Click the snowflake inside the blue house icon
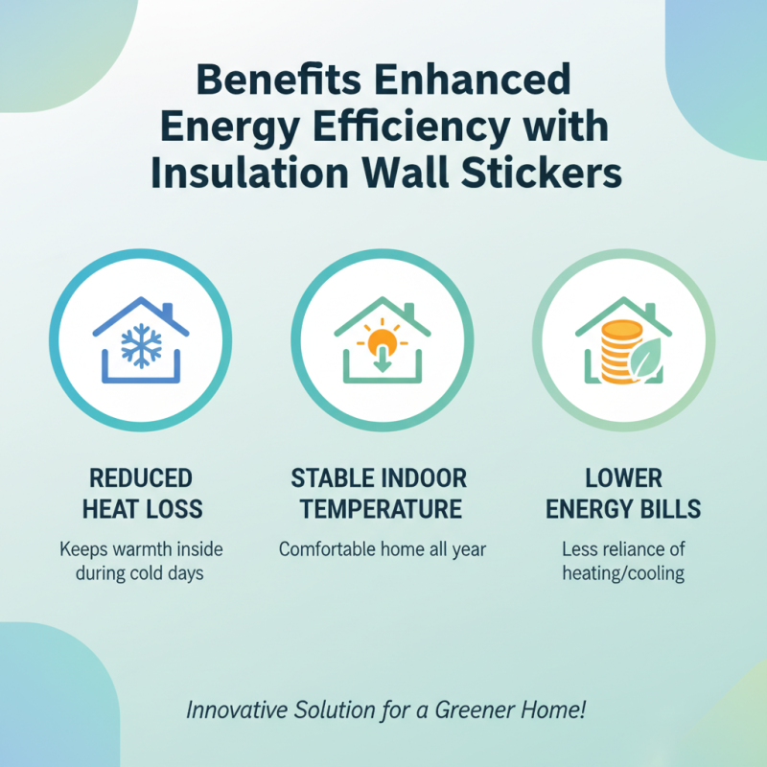(139, 348)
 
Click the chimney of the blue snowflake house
(167, 313)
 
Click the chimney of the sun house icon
(410, 313)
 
